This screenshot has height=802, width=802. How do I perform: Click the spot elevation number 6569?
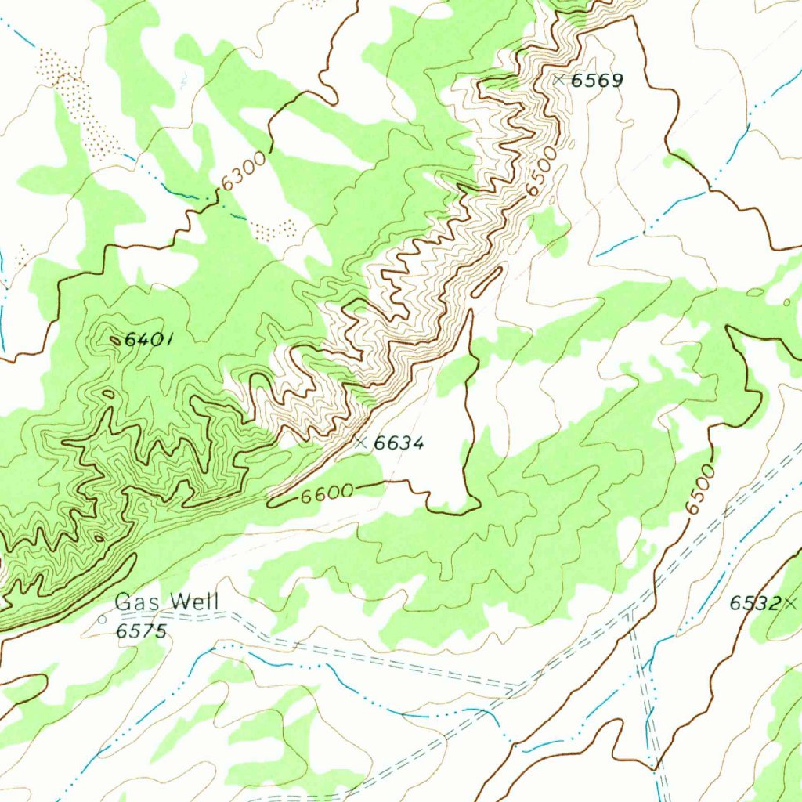pos(597,81)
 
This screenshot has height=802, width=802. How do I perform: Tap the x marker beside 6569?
pos(558,79)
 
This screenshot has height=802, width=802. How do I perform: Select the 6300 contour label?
pos(244,172)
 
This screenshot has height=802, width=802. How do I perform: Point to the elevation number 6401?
pos(149,340)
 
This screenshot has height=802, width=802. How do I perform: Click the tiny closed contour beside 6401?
pos(115,340)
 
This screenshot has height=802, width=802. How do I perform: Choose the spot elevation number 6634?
pos(399,443)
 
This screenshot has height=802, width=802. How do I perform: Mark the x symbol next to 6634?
pos(360,443)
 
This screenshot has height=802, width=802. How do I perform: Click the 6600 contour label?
pos(327,494)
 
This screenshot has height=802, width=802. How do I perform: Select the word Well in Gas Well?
pos(195,602)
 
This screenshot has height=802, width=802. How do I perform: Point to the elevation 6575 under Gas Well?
pos(142,631)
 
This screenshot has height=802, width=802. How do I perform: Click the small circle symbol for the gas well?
pos(102,619)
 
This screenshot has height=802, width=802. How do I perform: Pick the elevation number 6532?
pos(755,603)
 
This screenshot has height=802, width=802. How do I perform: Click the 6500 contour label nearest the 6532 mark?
pos(699,490)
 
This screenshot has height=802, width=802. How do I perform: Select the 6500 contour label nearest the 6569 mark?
pos(542,173)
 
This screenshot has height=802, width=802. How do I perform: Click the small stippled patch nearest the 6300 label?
pos(274,229)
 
